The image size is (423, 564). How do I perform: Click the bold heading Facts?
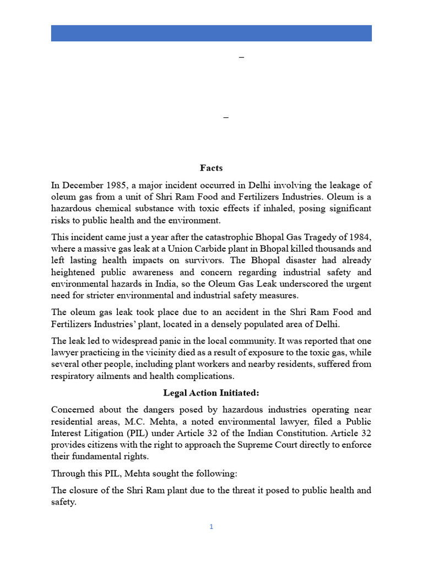[211, 168]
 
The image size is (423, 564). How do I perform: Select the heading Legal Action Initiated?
[211, 393]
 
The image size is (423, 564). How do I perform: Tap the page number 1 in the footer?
[211, 527]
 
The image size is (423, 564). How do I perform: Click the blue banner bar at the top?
[211, 33]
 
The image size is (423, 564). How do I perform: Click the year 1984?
[359, 237]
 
